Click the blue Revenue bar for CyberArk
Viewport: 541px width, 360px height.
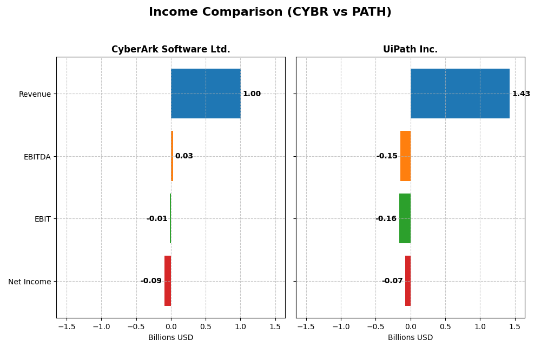point(206,94)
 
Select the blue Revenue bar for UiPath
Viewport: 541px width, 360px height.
point(460,94)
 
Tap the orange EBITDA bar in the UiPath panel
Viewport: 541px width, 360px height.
point(405,156)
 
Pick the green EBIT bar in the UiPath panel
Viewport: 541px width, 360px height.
point(405,218)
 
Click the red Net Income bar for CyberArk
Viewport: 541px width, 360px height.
point(168,281)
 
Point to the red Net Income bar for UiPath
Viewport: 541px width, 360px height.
point(408,281)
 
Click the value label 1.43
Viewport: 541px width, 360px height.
point(521,94)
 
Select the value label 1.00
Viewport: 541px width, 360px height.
point(252,94)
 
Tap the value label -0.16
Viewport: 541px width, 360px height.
point(386,219)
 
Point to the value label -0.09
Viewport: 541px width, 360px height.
point(151,281)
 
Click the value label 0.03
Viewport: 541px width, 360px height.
point(184,156)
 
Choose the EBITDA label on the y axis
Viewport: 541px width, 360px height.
point(37,157)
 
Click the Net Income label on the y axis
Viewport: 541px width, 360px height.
point(29,282)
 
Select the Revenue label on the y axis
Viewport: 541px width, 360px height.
point(35,95)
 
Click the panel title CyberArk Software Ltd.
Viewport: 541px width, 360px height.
point(170,50)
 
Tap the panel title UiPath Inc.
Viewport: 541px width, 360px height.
point(410,50)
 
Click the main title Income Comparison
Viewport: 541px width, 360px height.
point(270,12)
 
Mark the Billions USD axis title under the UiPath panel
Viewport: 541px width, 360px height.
point(410,338)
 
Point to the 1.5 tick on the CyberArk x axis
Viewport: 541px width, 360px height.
point(275,326)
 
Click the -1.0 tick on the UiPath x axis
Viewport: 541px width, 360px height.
point(341,326)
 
